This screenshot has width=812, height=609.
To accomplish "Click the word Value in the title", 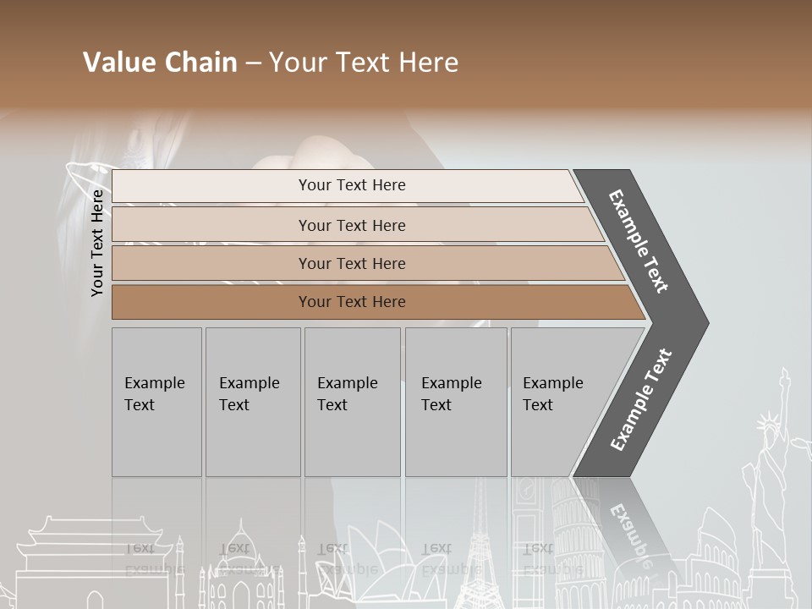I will (117, 63).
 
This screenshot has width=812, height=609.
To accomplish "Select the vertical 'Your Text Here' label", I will (98, 243).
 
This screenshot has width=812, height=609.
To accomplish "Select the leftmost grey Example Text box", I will (156, 402).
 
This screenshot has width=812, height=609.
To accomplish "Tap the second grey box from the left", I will (253, 402).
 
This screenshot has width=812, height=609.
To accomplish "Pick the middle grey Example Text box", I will (352, 402).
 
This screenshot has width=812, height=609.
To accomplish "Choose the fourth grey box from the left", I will (456, 402).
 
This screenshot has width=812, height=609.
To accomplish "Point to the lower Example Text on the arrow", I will (640, 400).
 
